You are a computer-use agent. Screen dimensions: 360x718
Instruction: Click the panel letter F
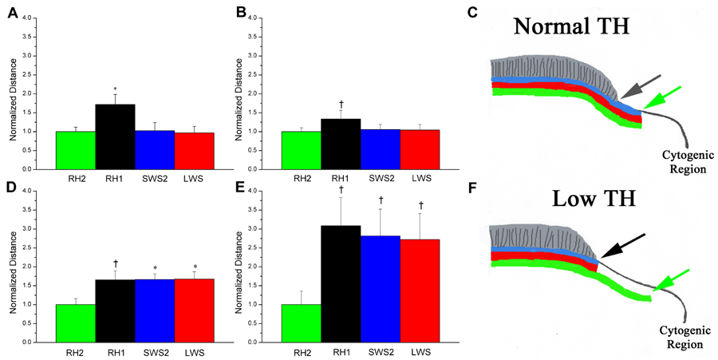point(471,194)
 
